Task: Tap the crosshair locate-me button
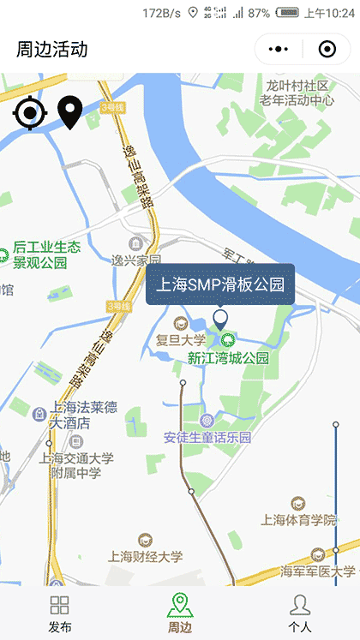(29, 113)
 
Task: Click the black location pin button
(69, 113)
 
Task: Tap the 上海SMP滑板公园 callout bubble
(220, 284)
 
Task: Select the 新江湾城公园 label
(228, 357)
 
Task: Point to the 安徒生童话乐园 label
(208, 437)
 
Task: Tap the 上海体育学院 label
(297, 519)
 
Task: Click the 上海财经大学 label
(146, 556)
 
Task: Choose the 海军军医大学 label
(317, 571)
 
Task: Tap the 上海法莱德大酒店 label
(83, 416)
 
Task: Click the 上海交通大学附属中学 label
(75, 465)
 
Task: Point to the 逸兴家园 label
(136, 260)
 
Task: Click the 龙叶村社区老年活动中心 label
(297, 93)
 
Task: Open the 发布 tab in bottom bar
(60, 614)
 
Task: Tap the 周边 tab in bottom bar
(179, 614)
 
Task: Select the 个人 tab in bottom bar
(299, 614)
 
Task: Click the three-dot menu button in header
(279, 49)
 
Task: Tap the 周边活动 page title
(51, 49)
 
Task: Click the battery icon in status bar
(287, 13)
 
